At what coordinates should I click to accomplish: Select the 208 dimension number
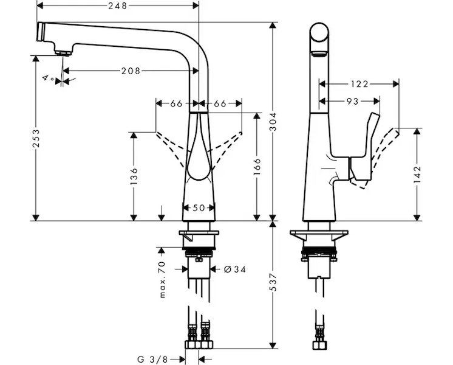tap(130, 71)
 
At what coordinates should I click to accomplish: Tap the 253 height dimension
tap(36, 139)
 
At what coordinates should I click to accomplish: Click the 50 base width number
tap(199, 208)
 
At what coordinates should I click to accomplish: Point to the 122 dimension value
tap(359, 83)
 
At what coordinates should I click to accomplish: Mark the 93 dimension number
tap(352, 101)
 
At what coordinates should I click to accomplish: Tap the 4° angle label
tap(48, 78)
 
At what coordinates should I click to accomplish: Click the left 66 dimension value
tap(176, 103)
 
